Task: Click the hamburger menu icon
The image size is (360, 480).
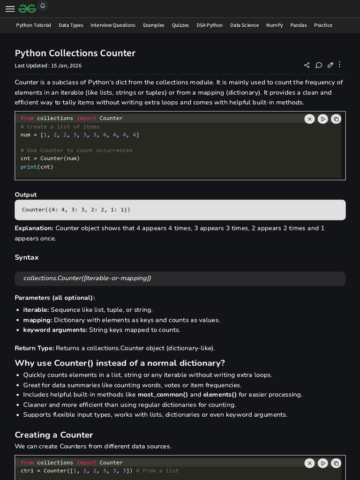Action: pos(10,9)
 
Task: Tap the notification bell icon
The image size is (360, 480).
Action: pos(43,6)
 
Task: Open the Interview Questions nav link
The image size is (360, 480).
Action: pos(112,25)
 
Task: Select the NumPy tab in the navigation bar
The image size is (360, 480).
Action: pos(274,25)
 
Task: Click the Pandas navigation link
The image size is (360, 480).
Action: pos(298,25)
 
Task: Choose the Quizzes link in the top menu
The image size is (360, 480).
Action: pos(180,25)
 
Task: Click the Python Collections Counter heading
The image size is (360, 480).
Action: pos(75,53)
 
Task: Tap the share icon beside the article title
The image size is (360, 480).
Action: pos(307,65)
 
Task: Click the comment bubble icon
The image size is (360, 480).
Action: pos(319,65)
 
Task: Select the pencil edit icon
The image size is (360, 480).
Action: pos(330,65)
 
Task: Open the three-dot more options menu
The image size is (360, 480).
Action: pos(340,65)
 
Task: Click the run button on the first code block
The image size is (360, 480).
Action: pos(322,119)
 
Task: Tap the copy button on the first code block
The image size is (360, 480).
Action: pos(336,119)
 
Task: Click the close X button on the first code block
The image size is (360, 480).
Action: pos(309,119)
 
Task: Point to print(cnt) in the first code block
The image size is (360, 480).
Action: pos(37,166)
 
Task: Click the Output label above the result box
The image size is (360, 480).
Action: pos(25,195)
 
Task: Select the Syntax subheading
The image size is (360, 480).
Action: pos(27,257)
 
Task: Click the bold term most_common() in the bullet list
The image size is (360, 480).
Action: pos(163,395)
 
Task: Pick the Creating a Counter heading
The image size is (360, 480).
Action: pos(54,435)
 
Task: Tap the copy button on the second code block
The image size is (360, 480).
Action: pos(336,463)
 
